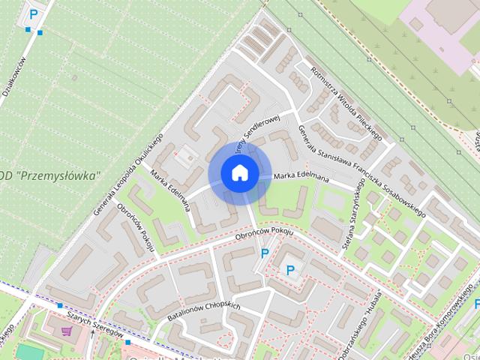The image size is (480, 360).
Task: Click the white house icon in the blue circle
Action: click(239, 172)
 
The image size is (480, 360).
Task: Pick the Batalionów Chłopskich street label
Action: click(203, 311)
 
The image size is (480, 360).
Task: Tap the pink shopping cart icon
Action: click(68, 331)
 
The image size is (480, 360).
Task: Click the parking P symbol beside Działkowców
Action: click(33, 13)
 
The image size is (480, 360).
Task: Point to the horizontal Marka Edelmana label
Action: click(301, 177)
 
